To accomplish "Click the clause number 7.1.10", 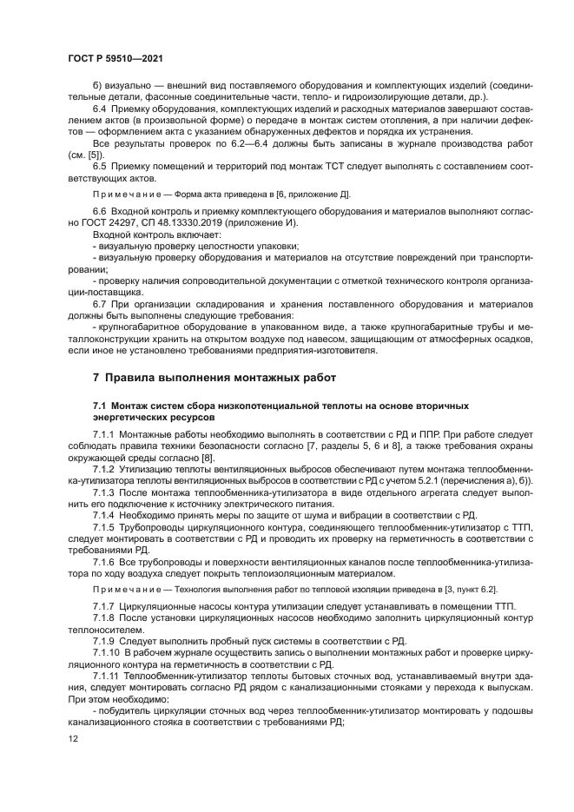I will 105,651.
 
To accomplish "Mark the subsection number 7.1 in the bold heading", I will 100,406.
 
